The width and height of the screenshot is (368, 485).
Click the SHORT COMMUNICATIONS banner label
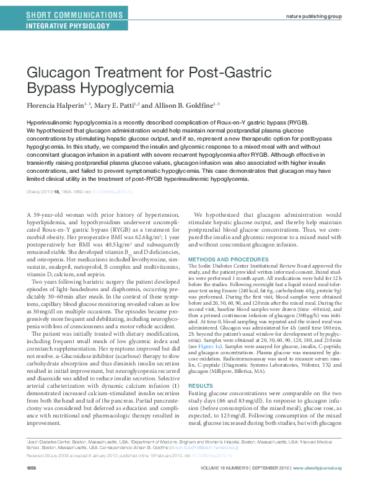(64, 14)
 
